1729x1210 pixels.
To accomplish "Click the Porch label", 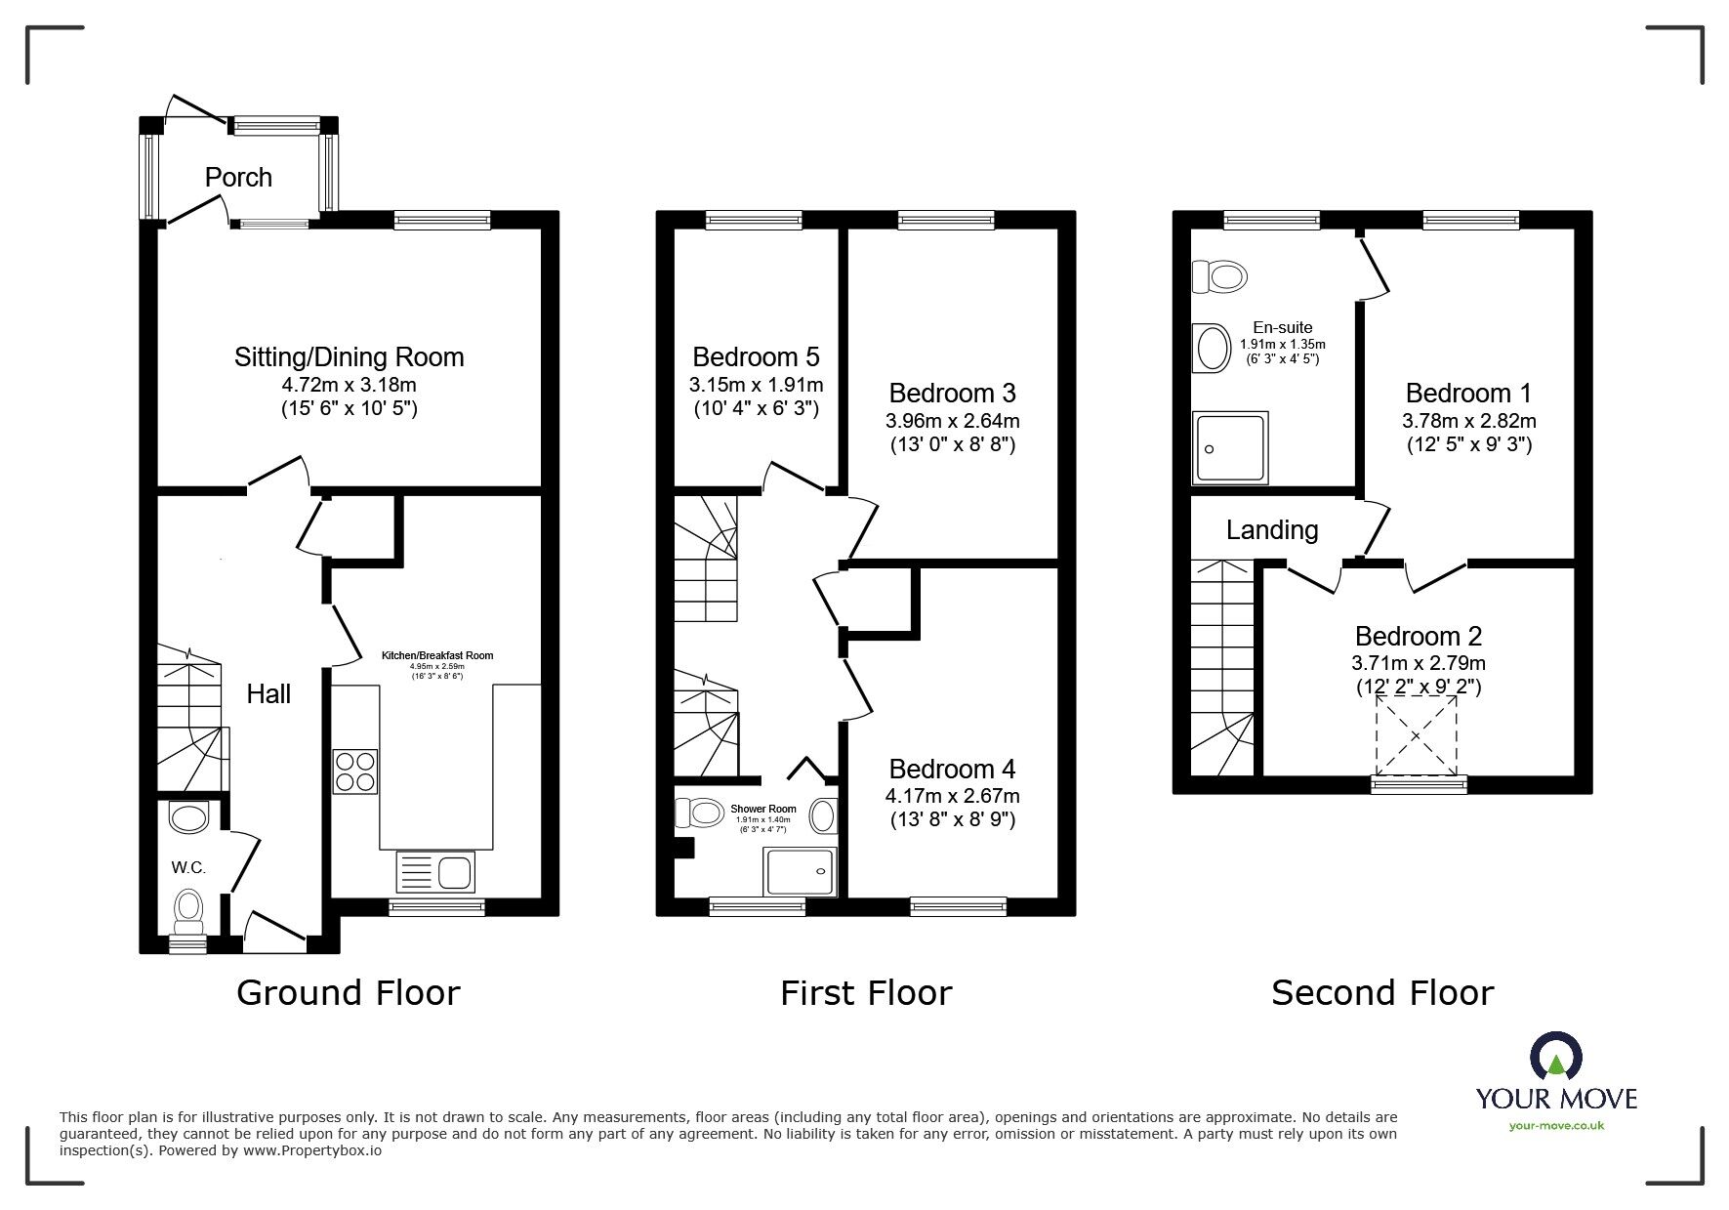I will [238, 178].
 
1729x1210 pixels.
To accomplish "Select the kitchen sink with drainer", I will [435, 870].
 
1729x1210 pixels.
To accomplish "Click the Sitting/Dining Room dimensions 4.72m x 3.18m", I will [349, 386].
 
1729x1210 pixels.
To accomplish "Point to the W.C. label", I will [188, 867].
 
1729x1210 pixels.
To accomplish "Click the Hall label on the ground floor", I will [268, 694].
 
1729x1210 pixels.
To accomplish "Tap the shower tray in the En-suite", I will [1231, 447].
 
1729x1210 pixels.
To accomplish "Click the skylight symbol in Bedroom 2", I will [1416, 735].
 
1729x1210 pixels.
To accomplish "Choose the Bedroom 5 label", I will [756, 356].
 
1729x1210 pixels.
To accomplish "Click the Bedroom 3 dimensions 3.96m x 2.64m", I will [952, 422].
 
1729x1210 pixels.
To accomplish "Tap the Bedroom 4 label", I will [952, 769].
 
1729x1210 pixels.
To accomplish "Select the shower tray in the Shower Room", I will [801, 870].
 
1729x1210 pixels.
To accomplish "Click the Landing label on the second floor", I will [1272, 530].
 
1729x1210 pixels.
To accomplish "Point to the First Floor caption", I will [865, 993].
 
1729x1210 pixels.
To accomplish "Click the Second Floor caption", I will [1381, 993].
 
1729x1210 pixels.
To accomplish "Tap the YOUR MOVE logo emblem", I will [1555, 1057].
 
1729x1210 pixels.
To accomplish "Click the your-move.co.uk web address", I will [1556, 1126].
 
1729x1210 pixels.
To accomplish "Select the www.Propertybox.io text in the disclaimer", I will [312, 1151].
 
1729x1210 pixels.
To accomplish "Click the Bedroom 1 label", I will [1468, 394].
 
